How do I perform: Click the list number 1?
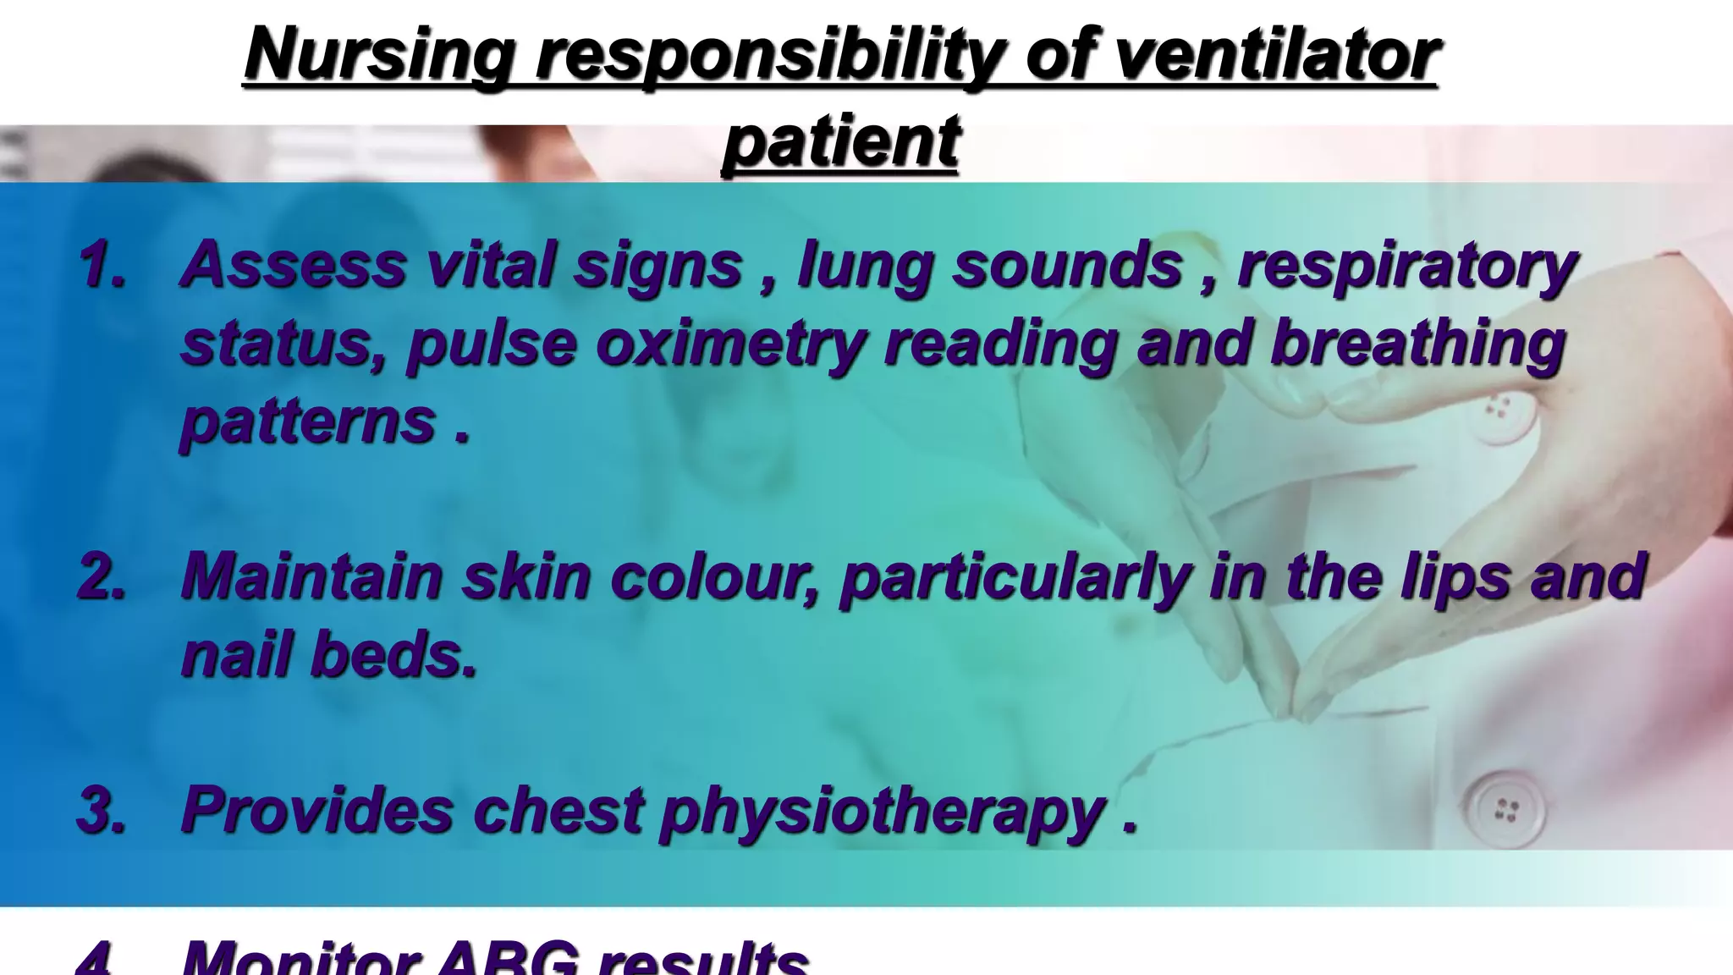102,264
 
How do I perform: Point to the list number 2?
102,576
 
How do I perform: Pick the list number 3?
102,809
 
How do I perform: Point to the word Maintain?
311,576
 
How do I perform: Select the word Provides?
318,809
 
